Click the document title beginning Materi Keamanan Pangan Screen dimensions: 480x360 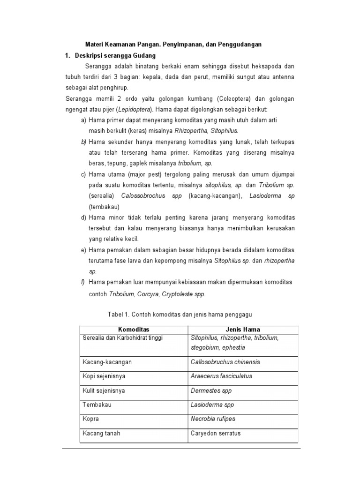(173, 45)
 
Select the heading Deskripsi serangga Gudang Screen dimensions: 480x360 (112, 55)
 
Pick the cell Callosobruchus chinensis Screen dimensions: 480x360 (225, 362)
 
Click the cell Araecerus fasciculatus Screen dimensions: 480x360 (221, 376)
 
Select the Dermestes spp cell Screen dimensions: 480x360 (211, 390)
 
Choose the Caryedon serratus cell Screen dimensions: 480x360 (215, 433)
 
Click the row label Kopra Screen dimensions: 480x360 (91, 419)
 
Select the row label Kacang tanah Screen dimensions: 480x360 (101, 433)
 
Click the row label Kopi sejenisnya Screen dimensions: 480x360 (104, 376)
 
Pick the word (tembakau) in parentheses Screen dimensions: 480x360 (104, 207)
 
